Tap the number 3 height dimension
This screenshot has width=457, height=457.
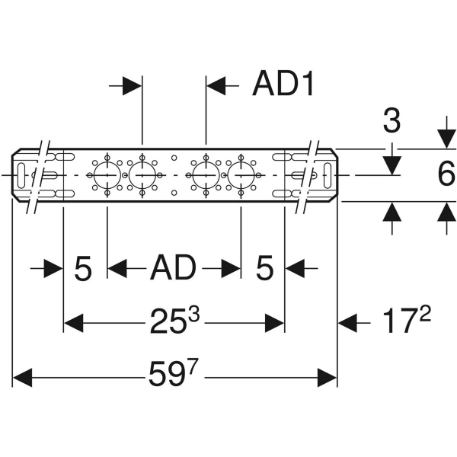click(391, 121)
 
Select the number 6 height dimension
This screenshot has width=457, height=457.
click(446, 175)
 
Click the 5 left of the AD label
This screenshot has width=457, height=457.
click(83, 268)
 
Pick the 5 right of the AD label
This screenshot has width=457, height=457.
click(264, 268)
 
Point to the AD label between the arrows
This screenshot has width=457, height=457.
click(173, 268)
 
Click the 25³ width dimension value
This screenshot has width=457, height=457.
click(174, 322)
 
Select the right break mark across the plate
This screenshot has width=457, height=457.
click(308, 176)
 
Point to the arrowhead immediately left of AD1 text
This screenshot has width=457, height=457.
click(217, 86)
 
